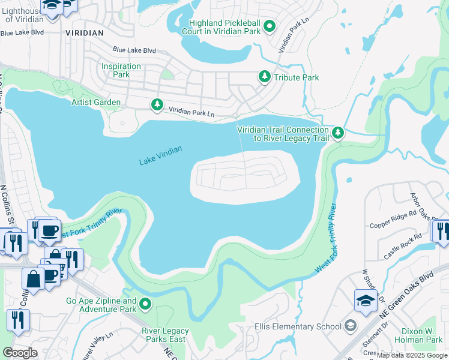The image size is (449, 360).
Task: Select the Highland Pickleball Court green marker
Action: coord(270,26)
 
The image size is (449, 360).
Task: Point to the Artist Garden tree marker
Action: coord(157,105)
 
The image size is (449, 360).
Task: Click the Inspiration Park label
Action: coord(121,71)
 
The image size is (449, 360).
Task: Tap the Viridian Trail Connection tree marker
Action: coord(338,133)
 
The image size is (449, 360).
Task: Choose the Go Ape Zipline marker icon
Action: coord(145,305)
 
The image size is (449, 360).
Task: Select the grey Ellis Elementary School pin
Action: coord(351,326)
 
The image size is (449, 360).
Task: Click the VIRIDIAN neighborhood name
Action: coord(84,32)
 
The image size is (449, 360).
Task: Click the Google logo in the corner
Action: coord(20,352)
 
